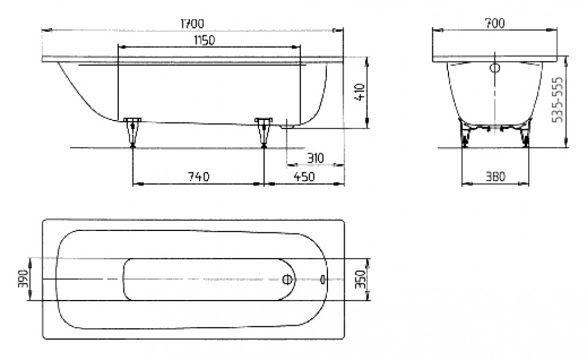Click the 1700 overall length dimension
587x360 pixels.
(192, 24)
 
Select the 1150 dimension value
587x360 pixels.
(204, 40)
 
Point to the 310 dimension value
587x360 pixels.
(315, 158)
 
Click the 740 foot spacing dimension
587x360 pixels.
(198, 176)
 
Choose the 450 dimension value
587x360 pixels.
(304, 176)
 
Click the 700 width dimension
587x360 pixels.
(495, 23)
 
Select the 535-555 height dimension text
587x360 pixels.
(558, 100)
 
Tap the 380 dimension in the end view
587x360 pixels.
(495, 176)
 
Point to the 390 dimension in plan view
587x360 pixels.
(23, 279)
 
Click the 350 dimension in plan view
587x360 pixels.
(360, 279)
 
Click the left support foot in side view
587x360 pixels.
(132, 132)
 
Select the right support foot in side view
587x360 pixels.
(264, 132)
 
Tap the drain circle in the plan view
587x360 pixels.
(287, 279)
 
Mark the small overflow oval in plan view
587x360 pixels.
(323, 279)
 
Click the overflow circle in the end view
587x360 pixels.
(495, 68)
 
